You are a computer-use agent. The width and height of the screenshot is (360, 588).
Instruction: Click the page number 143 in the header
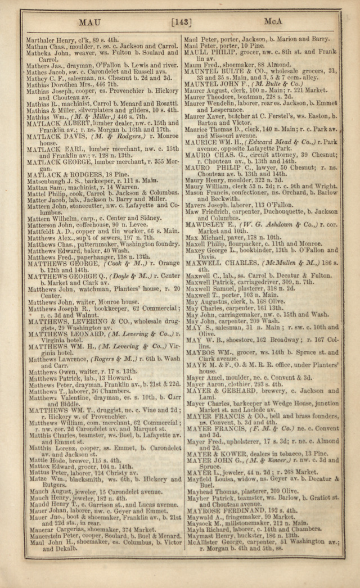click(182, 22)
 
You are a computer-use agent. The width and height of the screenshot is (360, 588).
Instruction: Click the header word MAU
click(89, 22)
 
